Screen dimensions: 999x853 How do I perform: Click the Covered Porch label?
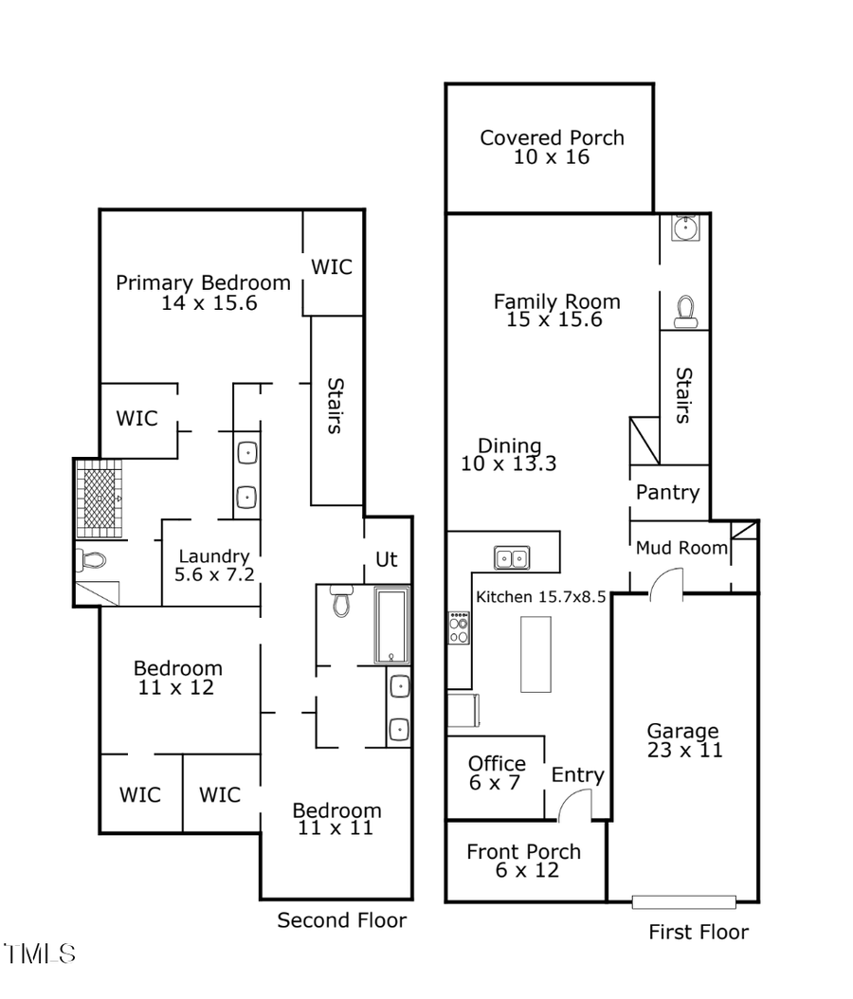tap(552, 147)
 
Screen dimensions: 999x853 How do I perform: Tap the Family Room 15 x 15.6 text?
tap(556, 310)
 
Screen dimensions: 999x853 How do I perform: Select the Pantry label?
tap(667, 492)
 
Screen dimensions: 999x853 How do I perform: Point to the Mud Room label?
tap(681, 548)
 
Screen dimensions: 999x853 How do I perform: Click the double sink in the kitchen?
tap(512, 557)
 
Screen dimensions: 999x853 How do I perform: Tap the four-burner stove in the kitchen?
tap(459, 627)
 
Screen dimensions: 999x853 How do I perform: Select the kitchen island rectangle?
tap(535, 654)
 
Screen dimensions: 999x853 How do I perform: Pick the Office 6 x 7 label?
tap(497, 772)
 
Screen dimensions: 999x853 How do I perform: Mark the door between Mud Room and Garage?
tap(665, 583)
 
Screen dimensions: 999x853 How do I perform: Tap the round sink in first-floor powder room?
tap(684, 227)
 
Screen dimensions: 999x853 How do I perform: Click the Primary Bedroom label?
tap(203, 292)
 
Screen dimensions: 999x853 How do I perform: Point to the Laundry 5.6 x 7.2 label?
tap(214, 565)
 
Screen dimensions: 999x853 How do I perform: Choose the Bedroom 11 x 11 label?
tap(336, 819)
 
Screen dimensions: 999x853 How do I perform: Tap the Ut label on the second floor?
tap(387, 559)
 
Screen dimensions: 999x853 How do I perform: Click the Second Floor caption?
tap(341, 919)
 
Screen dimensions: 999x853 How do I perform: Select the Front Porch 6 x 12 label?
tap(523, 860)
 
